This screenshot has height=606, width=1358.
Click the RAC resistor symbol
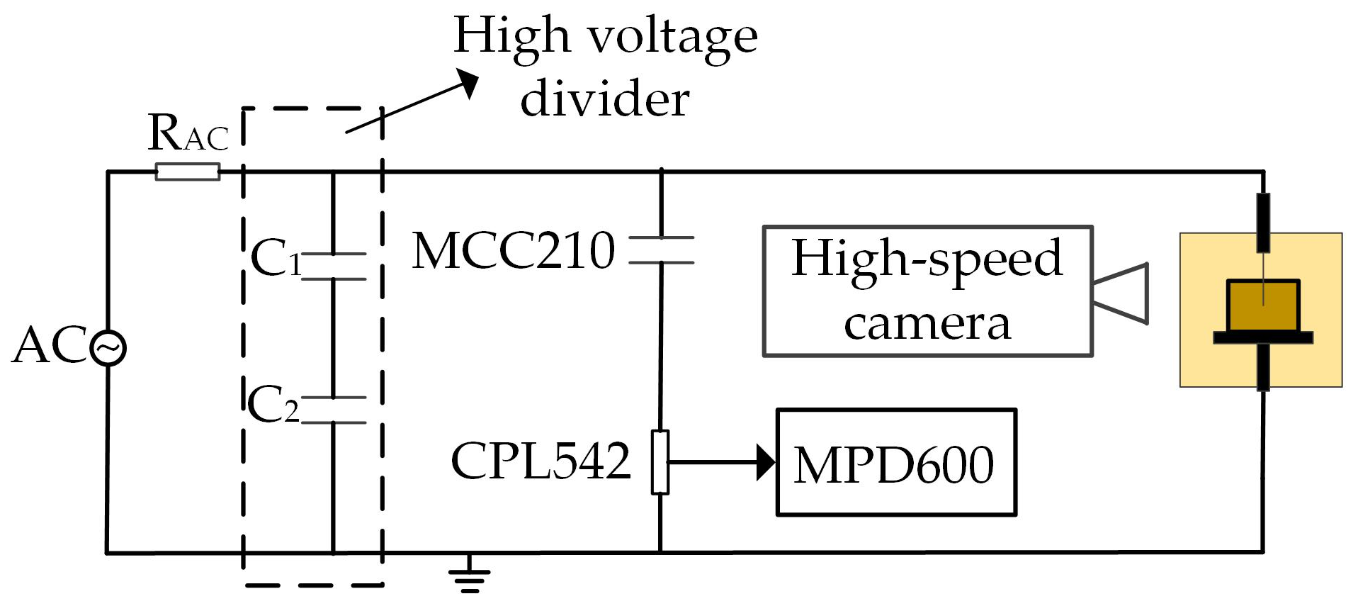point(188,172)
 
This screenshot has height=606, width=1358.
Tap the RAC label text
point(188,133)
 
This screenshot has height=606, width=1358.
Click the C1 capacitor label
point(276,257)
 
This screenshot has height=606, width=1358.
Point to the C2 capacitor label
point(273,405)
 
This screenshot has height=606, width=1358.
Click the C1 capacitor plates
point(334,266)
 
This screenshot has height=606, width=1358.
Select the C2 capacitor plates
point(334,410)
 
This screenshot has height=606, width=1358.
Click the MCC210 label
point(514,250)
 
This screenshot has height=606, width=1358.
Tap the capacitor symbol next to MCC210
point(661,250)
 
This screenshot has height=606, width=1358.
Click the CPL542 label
point(541,461)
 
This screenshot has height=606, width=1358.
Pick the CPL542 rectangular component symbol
point(660,461)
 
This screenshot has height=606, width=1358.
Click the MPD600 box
point(895,463)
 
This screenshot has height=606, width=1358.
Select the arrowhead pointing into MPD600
point(765,462)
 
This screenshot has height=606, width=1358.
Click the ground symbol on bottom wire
point(469,576)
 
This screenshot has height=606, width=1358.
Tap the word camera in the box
point(927,324)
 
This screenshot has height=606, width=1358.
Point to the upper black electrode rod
point(1263,222)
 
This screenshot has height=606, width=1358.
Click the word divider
point(604,99)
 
